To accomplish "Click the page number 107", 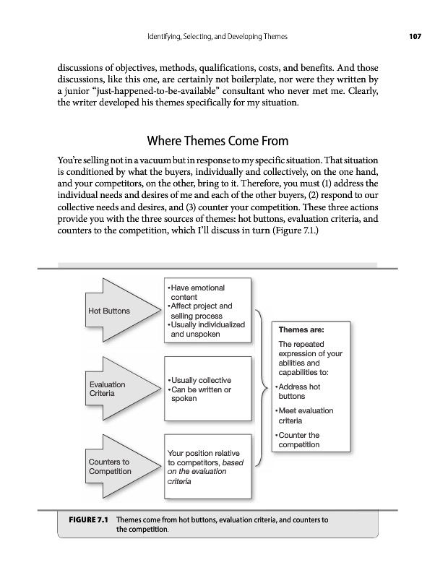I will (413, 36).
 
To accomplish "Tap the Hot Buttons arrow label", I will (109, 311).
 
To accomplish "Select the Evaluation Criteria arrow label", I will (106, 389).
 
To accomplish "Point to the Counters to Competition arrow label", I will (110, 466).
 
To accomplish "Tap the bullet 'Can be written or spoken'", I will (200, 394).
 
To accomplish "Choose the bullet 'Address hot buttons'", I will (300, 392).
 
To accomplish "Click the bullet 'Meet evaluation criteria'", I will (305, 415).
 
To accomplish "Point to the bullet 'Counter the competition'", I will (298, 440).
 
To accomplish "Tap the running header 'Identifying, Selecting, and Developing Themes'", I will (217, 36).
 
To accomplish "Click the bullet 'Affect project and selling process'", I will (200, 311).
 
